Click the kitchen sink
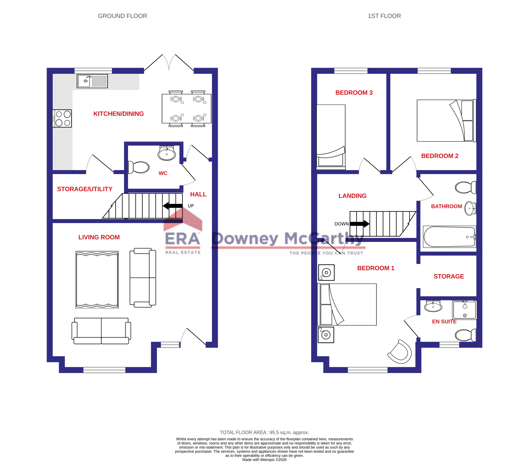click(x=92, y=81)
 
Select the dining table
click(x=187, y=109)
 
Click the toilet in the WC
click(x=139, y=167)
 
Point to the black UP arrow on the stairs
click(x=173, y=206)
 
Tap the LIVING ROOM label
click(x=99, y=237)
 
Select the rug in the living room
click(x=97, y=280)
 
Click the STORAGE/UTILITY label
click(x=85, y=189)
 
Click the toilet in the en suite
click(x=465, y=335)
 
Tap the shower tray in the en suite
click(x=464, y=310)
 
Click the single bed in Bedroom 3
click(x=331, y=137)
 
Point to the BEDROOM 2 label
click(x=440, y=156)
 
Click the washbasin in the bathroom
click(x=470, y=208)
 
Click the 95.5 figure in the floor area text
click(x=274, y=432)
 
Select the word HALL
click(x=198, y=194)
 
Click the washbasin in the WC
click(x=167, y=154)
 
